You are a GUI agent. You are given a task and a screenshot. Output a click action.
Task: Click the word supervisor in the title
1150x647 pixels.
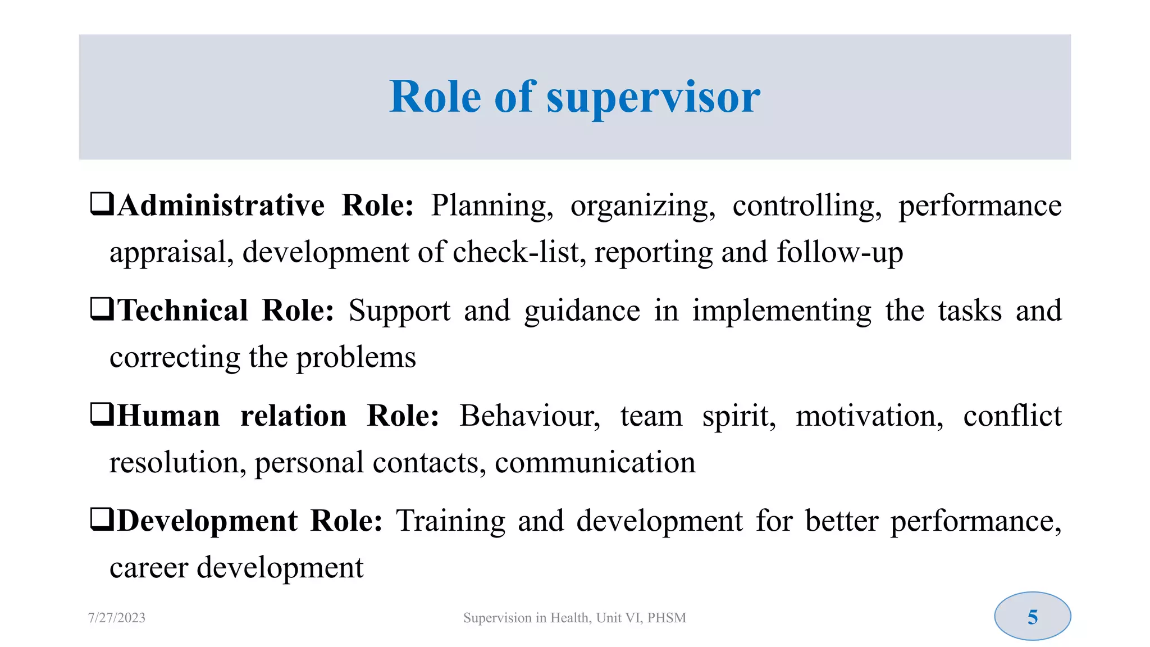(653, 98)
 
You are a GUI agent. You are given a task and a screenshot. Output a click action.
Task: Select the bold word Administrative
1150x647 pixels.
(221, 206)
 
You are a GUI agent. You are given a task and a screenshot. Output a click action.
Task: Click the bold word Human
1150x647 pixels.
(168, 416)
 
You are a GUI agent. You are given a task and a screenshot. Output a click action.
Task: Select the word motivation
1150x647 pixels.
(869, 417)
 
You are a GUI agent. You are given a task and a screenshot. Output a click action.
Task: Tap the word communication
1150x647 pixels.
(595, 463)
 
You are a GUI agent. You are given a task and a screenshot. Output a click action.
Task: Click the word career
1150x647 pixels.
(149, 568)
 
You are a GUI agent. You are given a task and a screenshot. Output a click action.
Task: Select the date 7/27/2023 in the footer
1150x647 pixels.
(117, 618)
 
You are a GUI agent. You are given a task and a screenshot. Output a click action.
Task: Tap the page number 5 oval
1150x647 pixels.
(1032, 617)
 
